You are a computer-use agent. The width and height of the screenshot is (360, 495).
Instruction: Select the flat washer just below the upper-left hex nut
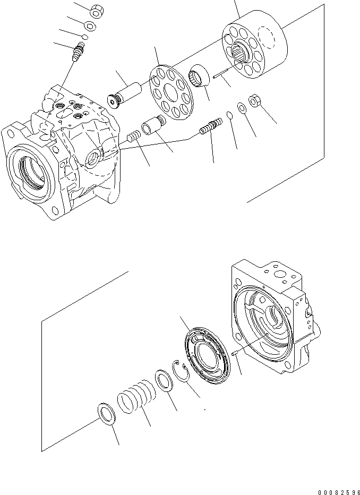tap(90, 26)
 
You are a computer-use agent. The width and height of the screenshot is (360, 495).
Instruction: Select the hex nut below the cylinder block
tap(253, 102)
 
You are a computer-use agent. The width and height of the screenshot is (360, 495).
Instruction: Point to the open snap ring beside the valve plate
tap(182, 370)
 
